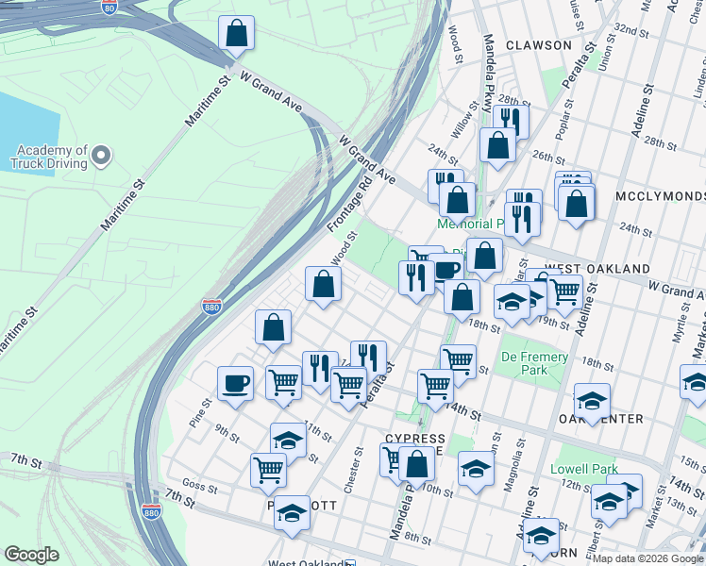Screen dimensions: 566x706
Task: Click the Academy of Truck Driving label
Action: click(x=50, y=156)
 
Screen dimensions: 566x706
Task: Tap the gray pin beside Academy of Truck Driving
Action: click(x=102, y=156)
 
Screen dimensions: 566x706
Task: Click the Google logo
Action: click(x=31, y=555)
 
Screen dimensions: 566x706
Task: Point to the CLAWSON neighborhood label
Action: click(x=538, y=44)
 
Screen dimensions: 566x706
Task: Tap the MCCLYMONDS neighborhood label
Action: click(x=660, y=195)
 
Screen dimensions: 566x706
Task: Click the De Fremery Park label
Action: click(x=534, y=363)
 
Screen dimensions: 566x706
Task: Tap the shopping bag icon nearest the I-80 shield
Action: click(x=237, y=34)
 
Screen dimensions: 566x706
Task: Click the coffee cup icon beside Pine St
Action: click(x=235, y=384)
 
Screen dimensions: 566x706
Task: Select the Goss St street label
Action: click(x=200, y=489)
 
